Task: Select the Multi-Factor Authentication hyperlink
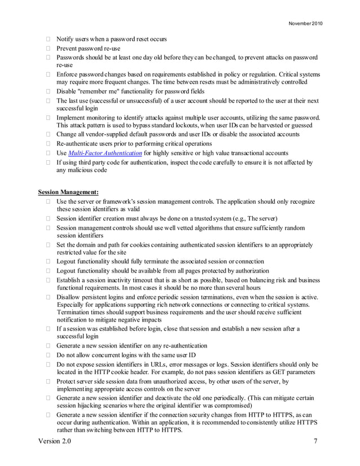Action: [x=104, y=153]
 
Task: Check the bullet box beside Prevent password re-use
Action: [x=49, y=49]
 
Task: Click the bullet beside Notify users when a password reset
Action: [x=49, y=39]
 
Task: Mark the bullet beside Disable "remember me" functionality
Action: [x=49, y=91]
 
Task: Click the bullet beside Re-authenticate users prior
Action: [x=49, y=143]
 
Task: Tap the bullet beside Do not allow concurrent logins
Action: [x=49, y=355]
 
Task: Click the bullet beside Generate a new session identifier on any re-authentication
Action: [x=49, y=345]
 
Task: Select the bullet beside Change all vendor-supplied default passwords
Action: [x=49, y=134]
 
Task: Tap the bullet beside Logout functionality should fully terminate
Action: [x=49, y=261]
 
